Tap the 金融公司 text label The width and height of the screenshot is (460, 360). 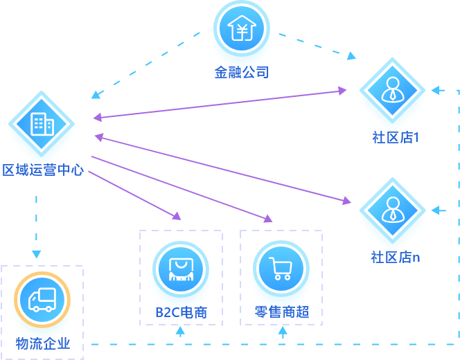[241, 72]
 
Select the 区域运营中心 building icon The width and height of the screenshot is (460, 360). [42, 125]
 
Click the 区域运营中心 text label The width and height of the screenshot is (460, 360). [43, 170]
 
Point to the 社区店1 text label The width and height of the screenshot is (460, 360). [396, 137]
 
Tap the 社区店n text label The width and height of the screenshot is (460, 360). [396, 257]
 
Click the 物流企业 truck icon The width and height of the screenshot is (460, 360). [42, 299]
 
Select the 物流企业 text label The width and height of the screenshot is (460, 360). [43, 343]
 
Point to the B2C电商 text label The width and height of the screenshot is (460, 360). [181, 312]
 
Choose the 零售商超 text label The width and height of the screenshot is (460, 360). [281, 312]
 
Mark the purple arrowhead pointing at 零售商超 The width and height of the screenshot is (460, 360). [268, 219]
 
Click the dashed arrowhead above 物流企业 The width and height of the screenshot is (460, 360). [36, 254]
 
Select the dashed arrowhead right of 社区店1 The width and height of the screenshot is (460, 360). [435, 90]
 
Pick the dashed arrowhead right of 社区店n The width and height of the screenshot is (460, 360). [435, 210]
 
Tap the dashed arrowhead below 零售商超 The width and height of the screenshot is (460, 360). [283, 331]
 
